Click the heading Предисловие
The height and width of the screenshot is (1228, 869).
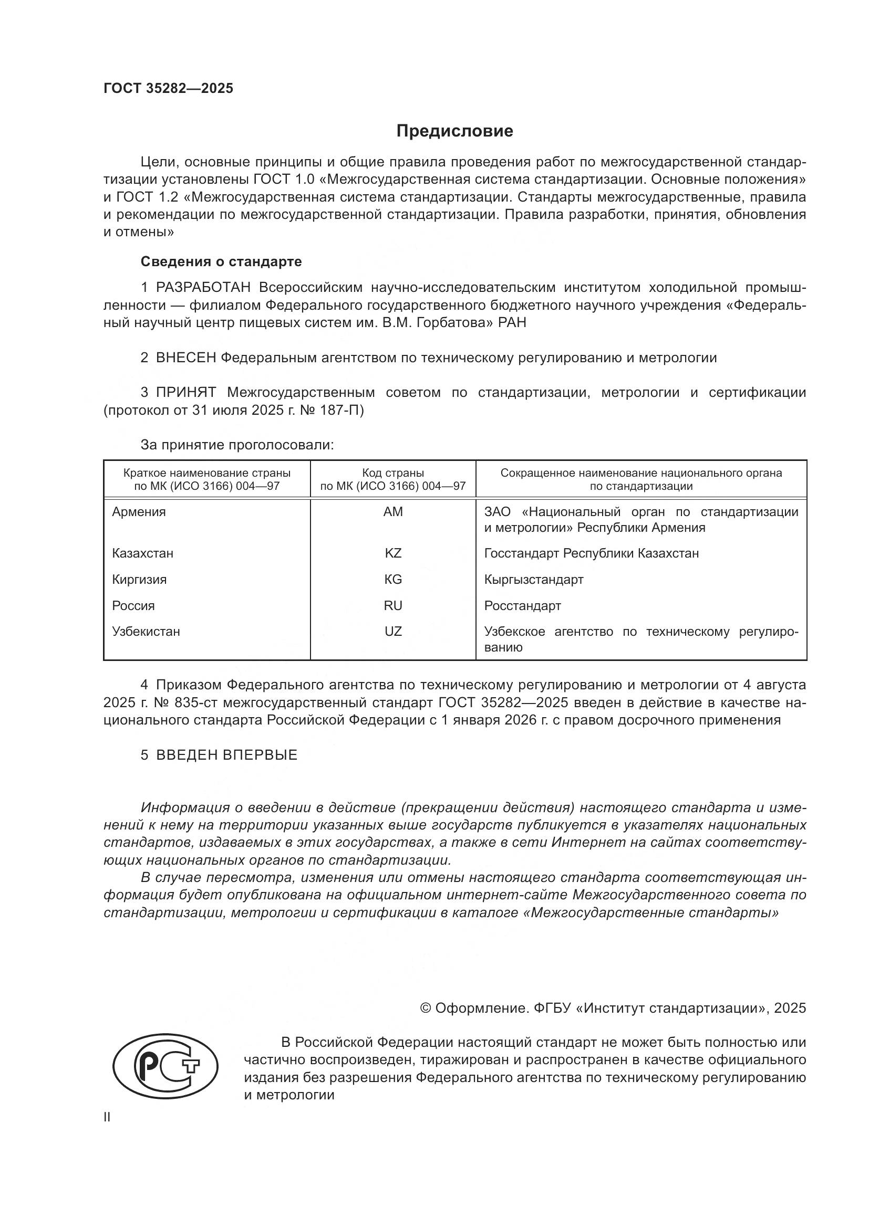click(x=454, y=131)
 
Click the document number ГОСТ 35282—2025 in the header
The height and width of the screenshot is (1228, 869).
click(x=169, y=88)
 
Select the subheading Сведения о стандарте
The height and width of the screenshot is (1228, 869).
click(x=221, y=261)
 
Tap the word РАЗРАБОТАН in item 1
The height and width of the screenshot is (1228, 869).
click(x=203, y=288)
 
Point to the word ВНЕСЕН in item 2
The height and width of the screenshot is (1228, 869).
click(x=185, y=358)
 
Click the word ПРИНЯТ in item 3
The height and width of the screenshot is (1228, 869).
click(x=185, y=393)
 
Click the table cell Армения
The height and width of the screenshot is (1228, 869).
click(x=139, y=512)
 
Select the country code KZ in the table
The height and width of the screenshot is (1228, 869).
click(x=393, y=553)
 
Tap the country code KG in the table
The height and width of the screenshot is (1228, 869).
click(x=393, y=579)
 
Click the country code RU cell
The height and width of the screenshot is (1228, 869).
click(x=393, y=605)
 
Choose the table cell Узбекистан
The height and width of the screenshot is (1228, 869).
click(x=146, y=632)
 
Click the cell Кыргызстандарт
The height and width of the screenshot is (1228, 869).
click(x=533, y=579)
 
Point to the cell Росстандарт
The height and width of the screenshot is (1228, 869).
click(x=522, y=605)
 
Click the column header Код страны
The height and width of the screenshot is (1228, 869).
click(x=393, y=473)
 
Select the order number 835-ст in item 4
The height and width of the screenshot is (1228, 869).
click(x=195, y=702)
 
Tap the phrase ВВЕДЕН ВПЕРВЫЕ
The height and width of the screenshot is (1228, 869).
click(x=226, y=754)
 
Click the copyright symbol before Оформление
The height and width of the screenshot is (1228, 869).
click(x=426, y=1008)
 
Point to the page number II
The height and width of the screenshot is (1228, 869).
click(x=107, y=1117)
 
